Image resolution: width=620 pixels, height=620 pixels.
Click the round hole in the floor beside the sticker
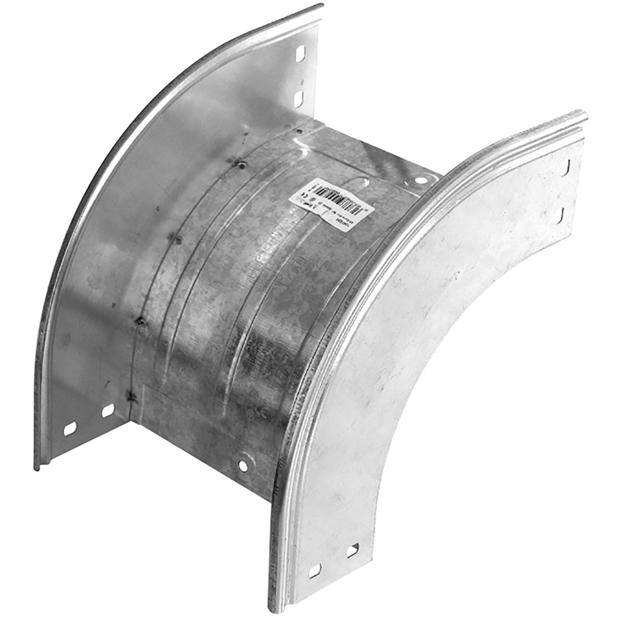tap(421, 180)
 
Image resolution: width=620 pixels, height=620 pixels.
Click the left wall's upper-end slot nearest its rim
tap(300, 54)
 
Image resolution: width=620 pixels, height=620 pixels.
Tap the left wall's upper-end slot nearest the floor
tap(298, 99)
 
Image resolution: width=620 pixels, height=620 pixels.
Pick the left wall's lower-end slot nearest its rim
tap(70, 428)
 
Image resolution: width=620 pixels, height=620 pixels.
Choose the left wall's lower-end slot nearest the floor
tap(108, 410)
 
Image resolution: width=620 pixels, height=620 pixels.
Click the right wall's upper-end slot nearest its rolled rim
tap(565, 167)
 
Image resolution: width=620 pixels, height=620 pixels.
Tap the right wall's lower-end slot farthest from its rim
tap(353, 550)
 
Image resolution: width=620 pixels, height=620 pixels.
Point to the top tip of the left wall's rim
tap(321, 6)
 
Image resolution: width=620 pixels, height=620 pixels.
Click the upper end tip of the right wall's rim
tap(584, 114)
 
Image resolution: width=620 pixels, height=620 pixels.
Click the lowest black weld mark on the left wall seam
tap(131, 396)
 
